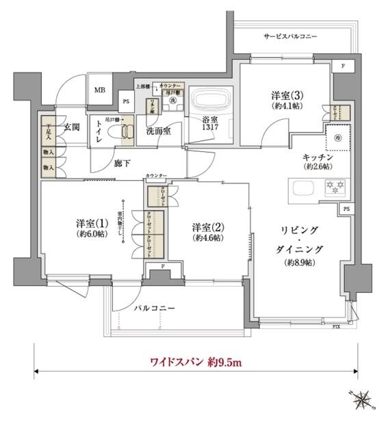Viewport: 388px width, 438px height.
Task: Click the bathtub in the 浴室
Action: (x=209, y=102)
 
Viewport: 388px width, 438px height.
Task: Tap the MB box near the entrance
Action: (x=100, y=89)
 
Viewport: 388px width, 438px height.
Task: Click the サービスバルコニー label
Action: (x=289, y=36)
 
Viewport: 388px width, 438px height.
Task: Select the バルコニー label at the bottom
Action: (x=155, y=308)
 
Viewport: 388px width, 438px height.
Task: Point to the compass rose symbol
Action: (x=362, y=398)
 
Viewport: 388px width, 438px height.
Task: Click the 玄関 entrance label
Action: (x=73, y=127)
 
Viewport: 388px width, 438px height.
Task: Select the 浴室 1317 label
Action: (x=209, y=129)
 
